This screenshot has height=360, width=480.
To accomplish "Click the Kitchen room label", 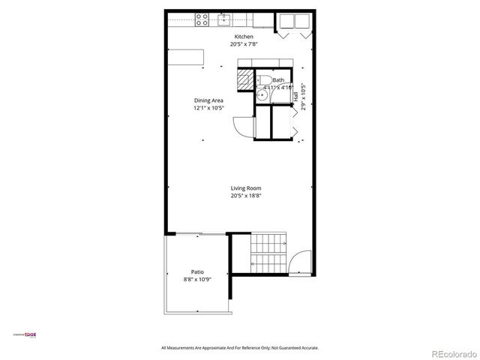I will click(244, 37).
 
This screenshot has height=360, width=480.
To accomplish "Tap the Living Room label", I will click(245, 188).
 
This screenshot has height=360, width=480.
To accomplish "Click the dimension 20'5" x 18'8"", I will click(245, 196).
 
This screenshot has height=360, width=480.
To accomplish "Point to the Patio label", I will click(197, 272).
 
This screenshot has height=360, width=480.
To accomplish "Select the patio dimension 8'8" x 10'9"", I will click(197, 280).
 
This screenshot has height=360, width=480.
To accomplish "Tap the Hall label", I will click(296, 97).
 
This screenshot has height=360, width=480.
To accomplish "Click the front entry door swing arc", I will click(298, 262).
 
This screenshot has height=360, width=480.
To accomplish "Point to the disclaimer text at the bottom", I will click(240, 347).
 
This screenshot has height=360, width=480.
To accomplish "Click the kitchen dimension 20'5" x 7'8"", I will click(244, 44).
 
